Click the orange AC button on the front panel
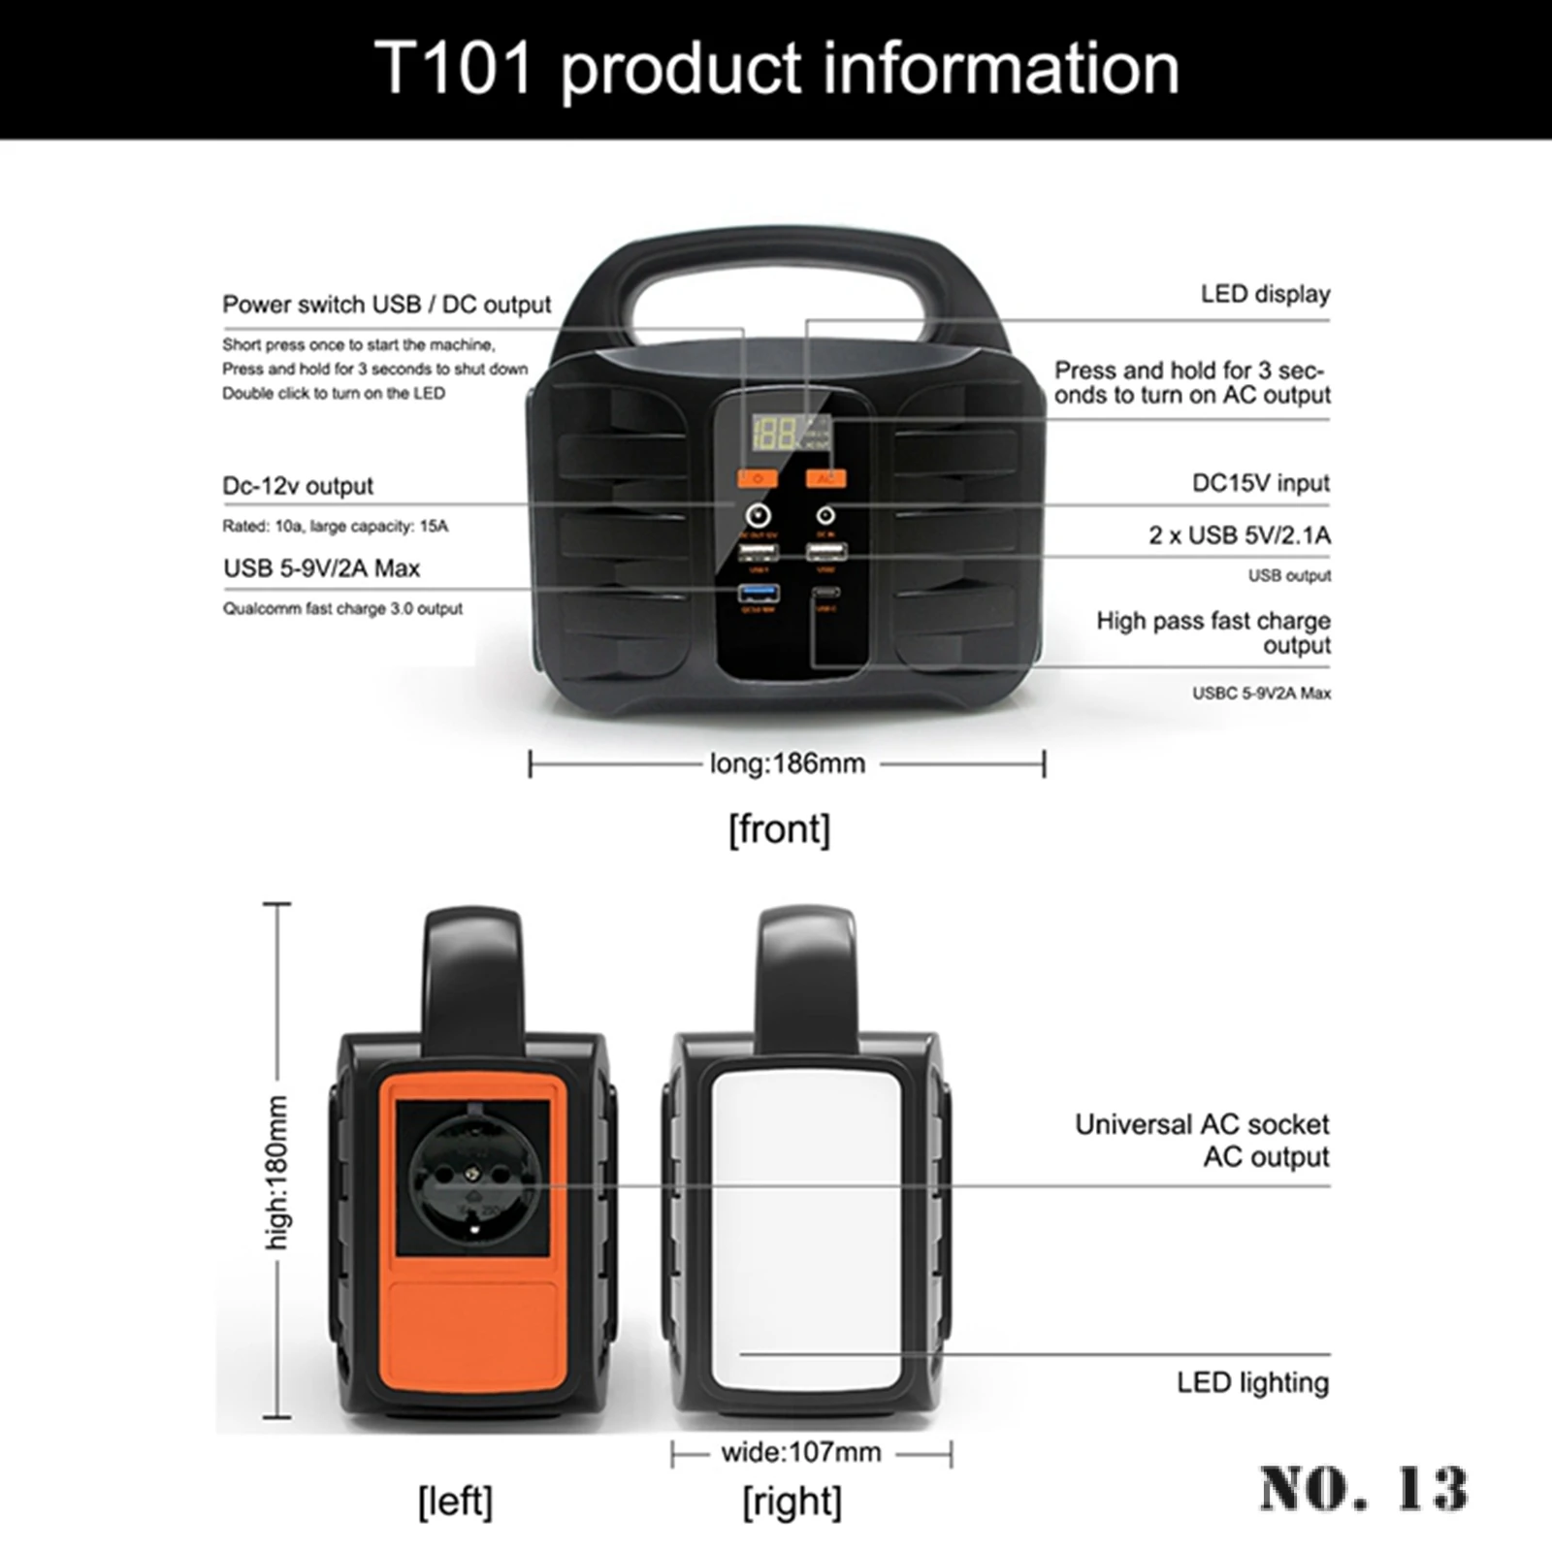pyautogui.click(x=825, y=478)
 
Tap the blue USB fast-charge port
pyautogui.click(x=758, y=592)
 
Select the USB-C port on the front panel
pyautogui.click(x=825, y=592)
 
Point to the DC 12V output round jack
pyautogui.click(x=757, y=515)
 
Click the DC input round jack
pyautogui.click(x=825, y=515)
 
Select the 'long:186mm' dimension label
pyautogui.click(x=787, y=764)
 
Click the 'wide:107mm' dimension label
pyautogui.click(x=800, y=1452)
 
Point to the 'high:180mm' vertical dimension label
pyautogui.click(x=277, y=1173)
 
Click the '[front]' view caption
pyautogui.click(x=779, y=829)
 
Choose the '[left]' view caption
pyautogui.click(x=455, y=1502)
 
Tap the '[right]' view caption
pyautogui.click(x=792, y=1502)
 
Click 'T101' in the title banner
pyautogui.click(x=453, y=68)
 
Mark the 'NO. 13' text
pyautogui.click(x=1363, y=1488)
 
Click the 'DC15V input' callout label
pyautogui.click(x=1260, y=483)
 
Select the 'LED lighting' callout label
pyautogui.click(x=1252, y=1382)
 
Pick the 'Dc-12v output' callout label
pyautogui.click(x=298, y=486)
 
